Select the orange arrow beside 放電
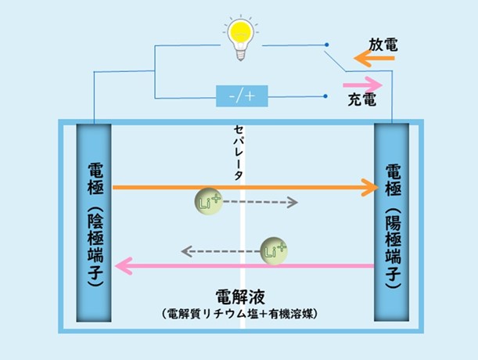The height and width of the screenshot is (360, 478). (x=368, y=58)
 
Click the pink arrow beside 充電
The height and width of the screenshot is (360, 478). (x=361, y=82)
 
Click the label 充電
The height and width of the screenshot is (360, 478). (x=362, y=101)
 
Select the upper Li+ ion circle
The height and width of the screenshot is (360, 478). (x=207, y=201)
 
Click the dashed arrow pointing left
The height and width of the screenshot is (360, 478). (x=221, y=251)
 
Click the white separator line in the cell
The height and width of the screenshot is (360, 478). (x=245, y=235)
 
